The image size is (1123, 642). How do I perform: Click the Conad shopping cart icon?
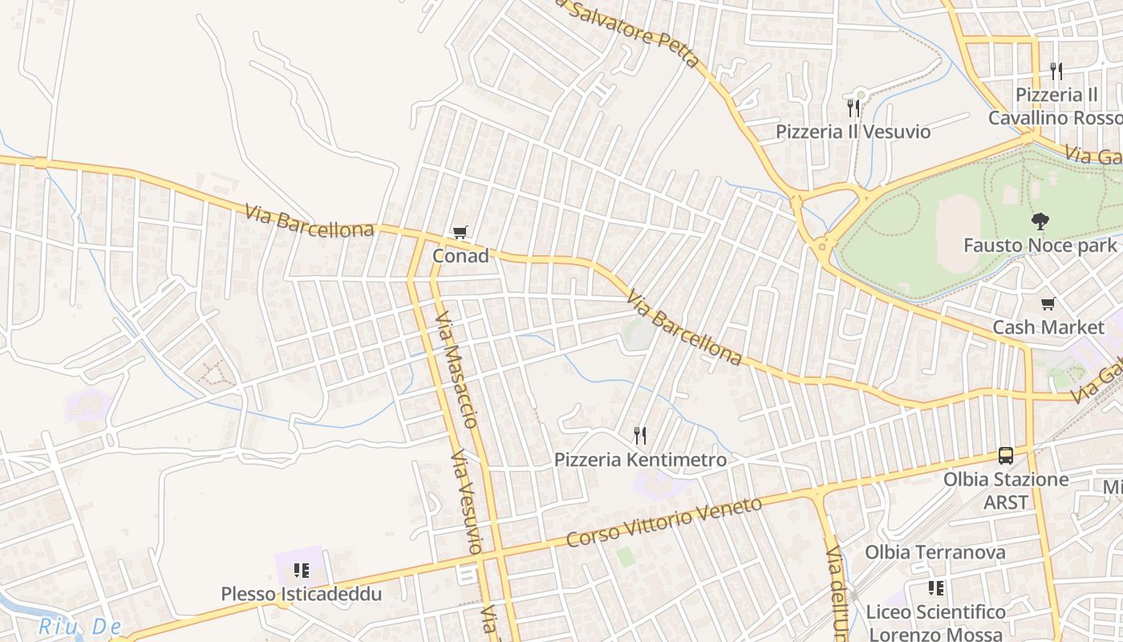click(460, 233)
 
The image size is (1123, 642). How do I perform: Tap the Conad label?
click(460, 256)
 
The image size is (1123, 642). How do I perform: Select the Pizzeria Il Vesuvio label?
click(853, 132)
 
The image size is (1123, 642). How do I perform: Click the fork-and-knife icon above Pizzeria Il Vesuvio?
click(853, 108)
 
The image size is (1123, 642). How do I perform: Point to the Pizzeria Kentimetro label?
click(640, 460)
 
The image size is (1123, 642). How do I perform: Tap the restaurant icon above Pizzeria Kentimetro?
click(640, 436)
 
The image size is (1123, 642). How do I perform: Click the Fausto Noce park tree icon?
click(1040, 221)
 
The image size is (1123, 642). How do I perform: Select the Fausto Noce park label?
click(1040, 245)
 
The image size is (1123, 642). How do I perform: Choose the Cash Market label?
click(1048, 327)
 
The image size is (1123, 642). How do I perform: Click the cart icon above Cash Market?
click(1048, 303)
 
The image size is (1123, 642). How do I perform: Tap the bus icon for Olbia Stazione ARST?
click(1006, 456)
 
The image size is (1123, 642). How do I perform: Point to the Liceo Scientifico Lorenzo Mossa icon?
click(935, 588)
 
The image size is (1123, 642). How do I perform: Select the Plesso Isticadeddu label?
click(302, 595)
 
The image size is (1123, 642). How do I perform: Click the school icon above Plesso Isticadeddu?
click(302, 571)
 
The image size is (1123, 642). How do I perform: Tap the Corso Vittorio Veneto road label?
click(663, 522)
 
